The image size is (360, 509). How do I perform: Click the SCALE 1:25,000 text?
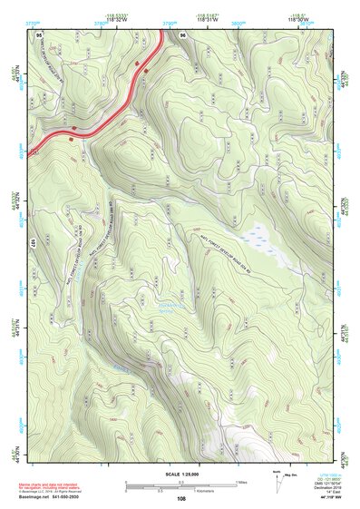point(181,475)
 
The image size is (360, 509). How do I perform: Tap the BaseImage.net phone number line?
point(55,495)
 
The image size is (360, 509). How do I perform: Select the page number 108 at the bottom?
point(181,497)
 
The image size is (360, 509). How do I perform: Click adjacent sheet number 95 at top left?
point(39,34)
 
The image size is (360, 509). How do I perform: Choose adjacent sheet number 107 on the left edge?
point(32,243)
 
